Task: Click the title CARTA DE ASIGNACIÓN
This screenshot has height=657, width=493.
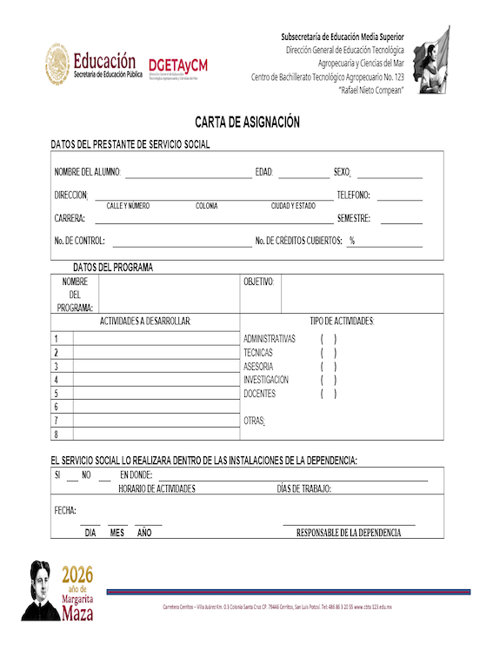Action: (x=247, y=123)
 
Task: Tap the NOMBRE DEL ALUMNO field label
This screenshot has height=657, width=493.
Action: (x=87, y=172)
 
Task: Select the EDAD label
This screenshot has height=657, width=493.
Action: (x=264, y=172)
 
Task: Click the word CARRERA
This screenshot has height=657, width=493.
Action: (x=70, y=218)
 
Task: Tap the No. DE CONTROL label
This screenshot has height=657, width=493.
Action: (x=79, y=241)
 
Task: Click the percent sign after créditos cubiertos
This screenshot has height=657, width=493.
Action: (x=352, y=241)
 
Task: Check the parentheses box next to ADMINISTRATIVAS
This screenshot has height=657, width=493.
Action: (x=329, y=338)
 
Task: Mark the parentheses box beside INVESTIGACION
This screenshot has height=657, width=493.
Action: (x=329, y=380)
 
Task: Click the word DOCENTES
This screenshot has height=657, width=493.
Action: (x=259, y=394)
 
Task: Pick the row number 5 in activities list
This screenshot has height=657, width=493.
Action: (x=57, y=394)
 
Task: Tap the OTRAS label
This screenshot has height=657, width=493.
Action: (x=254, y=421)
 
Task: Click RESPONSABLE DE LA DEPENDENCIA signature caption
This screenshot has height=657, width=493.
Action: (x=349, y=532)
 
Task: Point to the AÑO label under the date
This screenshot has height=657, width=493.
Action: (x=144, y=532)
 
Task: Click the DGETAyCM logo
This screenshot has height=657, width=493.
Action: (x=178, y=66)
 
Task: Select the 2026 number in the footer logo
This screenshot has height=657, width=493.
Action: (x=77, y=574)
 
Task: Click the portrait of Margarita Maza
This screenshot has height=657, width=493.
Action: (x=39, y=591)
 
